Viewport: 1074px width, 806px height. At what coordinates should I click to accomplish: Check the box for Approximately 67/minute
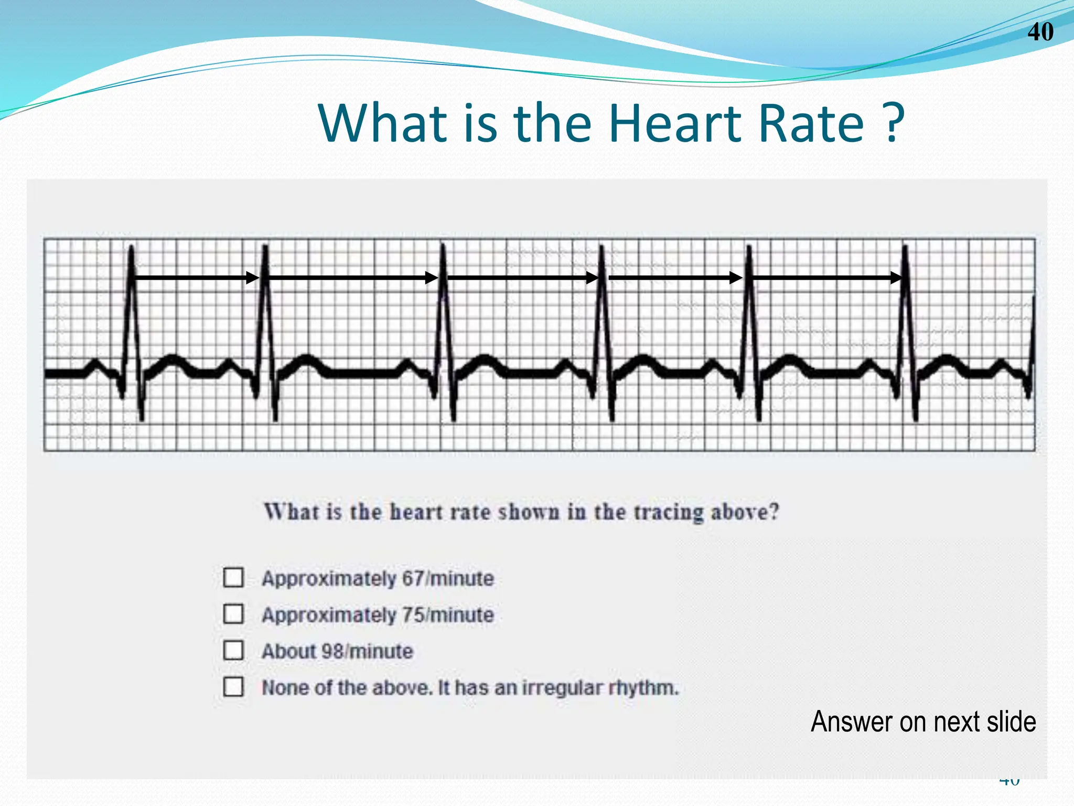[233, 577]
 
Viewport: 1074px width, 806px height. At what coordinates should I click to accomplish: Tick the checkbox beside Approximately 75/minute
[233, 613]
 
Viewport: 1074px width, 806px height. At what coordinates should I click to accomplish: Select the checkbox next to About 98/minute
[233, 650]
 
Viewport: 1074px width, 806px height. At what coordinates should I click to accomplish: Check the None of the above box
[233, 686]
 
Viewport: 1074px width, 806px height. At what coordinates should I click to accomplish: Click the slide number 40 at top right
[1040, 32]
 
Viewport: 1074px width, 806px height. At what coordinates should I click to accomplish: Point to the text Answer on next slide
[923, 722]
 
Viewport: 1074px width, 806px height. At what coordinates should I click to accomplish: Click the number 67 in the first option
[413, 578]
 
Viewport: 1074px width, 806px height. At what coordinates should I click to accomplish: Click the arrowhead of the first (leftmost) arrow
[253, 278]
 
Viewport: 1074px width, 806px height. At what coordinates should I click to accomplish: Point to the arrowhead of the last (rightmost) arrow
[896, 278]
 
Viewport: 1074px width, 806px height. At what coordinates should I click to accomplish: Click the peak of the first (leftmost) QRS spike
[131, 247]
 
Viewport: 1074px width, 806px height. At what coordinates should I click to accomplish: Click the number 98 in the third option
[332, 651]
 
